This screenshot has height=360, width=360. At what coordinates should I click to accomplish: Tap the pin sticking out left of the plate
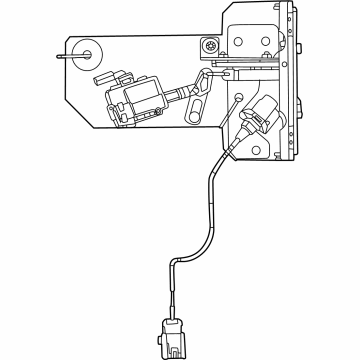(64, 56)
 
